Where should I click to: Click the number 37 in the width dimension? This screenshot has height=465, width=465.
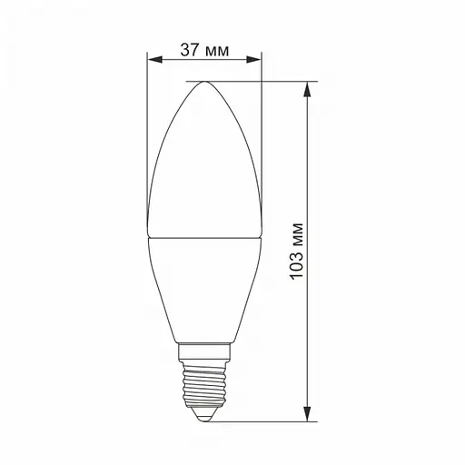[x=189, y=49]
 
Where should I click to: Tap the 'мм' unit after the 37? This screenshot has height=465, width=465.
[x=217, y=49]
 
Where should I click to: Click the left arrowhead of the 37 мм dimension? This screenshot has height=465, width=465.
[x=153, y=62]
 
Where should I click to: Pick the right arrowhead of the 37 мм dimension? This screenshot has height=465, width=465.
[x=256, y=62]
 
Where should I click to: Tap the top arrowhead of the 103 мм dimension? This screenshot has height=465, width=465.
[x=311, y=88]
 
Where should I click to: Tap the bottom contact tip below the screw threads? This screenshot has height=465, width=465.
[x=203, y=417]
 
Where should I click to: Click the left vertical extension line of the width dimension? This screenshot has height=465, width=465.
[x=147, y=136]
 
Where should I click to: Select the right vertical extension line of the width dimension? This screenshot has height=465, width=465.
[x=262, y=136]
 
